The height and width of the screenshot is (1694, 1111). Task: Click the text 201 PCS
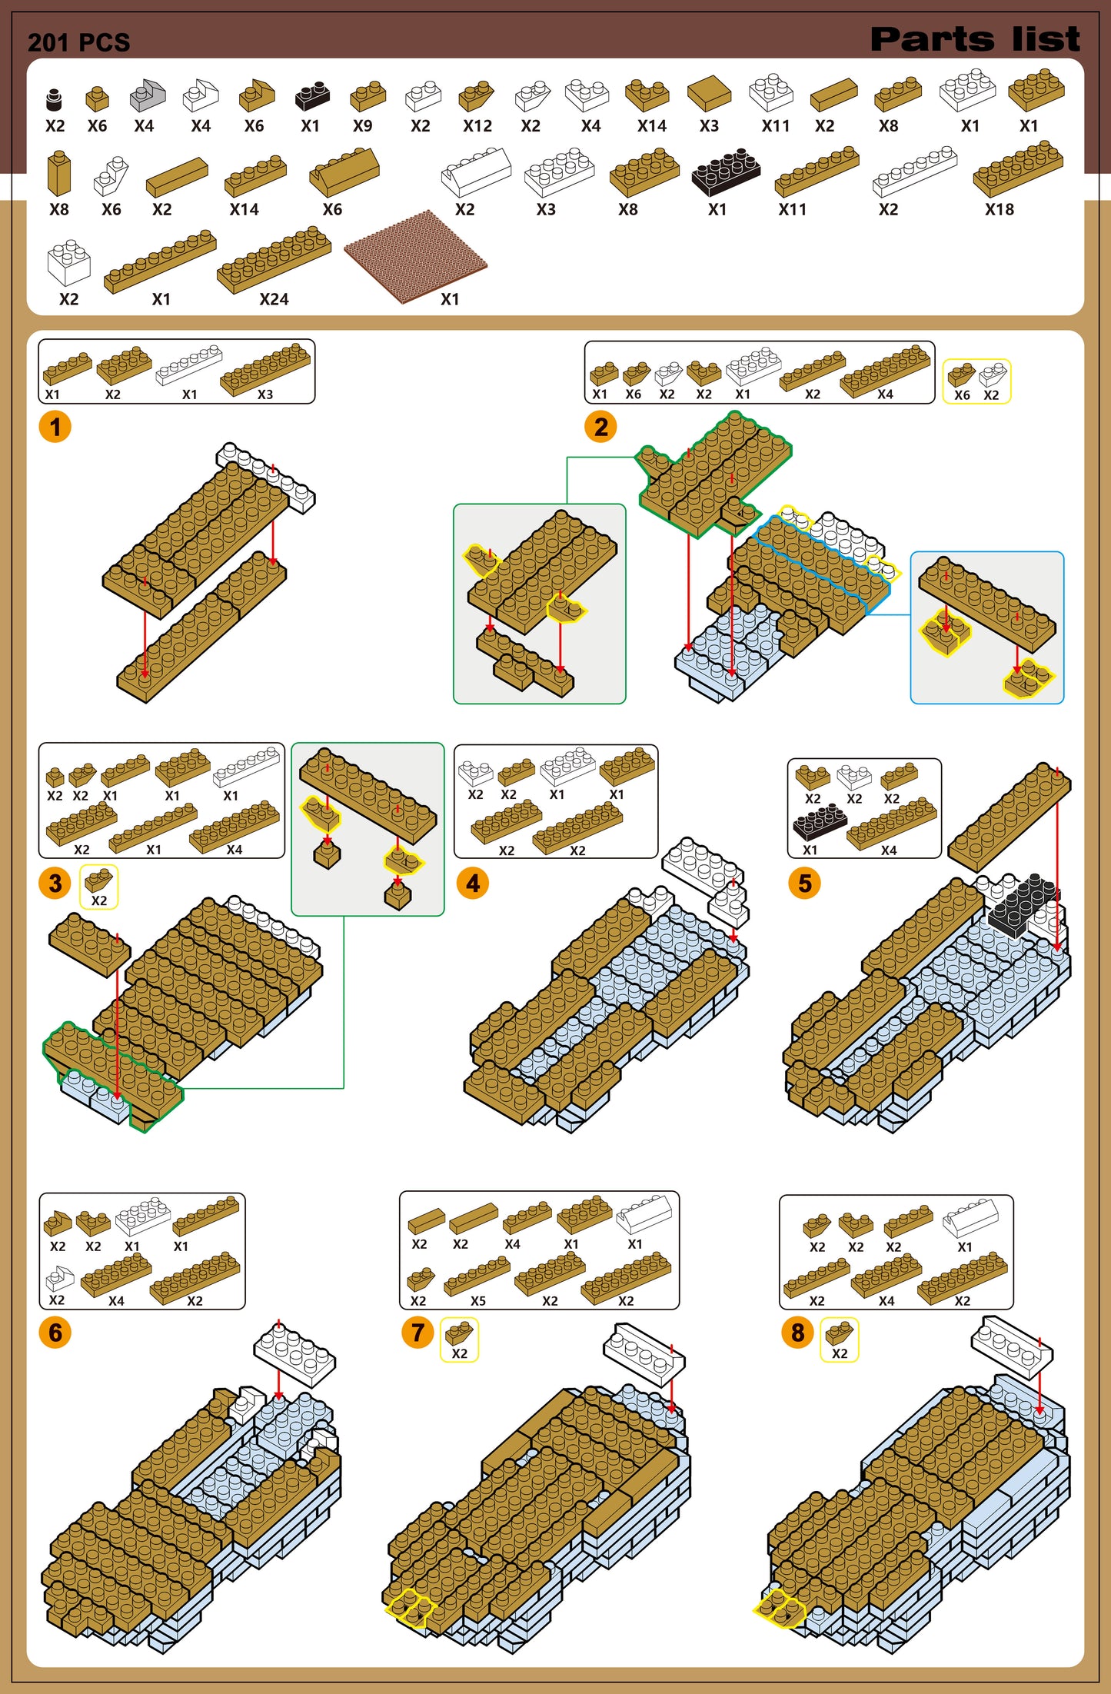[x=78, y=42]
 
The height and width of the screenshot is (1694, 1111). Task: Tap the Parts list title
[x=974, y=39]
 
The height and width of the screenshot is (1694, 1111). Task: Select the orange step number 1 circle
[x=55, y=427]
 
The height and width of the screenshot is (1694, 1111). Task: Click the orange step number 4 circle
[x=473, y=883]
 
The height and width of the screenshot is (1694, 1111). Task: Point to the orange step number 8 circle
[x=798, y=1332]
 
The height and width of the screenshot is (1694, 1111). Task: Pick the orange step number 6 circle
[x=55, y=1332]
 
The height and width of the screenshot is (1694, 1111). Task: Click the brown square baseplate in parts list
[x=415, y=255]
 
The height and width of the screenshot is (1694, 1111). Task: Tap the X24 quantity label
[x=274, y=299]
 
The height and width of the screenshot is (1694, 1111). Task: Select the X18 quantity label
[x=1000, y=209]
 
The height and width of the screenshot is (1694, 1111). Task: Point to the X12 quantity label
[x=477, y=126]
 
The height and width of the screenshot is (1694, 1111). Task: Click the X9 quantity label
[x=362, y=126]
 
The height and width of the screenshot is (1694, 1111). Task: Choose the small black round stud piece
[x=54, y=99]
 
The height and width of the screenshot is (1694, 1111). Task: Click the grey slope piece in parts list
[x=147, y=95]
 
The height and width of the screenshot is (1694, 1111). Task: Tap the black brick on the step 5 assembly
[x=1022, y=906]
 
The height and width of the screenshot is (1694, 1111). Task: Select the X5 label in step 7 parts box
[x=478, y=1301]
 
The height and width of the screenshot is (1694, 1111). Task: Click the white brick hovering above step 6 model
[x=294, y=1353]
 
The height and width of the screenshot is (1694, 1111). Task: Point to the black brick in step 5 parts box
[x=820, y=821]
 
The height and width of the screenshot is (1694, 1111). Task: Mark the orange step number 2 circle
[x=601, y=427]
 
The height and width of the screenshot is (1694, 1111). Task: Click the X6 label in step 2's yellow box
[x=962, y=395]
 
